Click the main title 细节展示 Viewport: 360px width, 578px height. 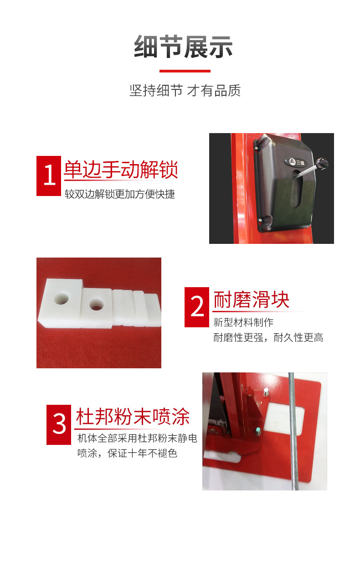tap(183, 46)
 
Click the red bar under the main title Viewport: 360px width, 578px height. tap(185, 71)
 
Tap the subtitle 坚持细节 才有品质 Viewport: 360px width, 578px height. tap(185, 91)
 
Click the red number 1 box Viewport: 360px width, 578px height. tap(49, 175)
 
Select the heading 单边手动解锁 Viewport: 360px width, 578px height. tap(121, 170)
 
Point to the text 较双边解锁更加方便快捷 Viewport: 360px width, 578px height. tap(120, 194)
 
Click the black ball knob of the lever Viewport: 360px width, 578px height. tap(321, 163)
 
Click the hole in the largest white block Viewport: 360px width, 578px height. tap(62, 298)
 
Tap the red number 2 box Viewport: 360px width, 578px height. tap(197, 307)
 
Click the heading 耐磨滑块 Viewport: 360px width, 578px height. tap(252, 299)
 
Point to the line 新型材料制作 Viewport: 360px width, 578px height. tap(243, 322)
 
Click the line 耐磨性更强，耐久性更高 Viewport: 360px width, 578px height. tap(268, 337)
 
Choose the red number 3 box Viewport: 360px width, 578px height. tap(59, 425)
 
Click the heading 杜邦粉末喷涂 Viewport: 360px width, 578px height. tap(133, 417)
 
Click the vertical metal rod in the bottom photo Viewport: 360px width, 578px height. tap(293, 431)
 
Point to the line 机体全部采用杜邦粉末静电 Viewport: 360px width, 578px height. tap(138, 438)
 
